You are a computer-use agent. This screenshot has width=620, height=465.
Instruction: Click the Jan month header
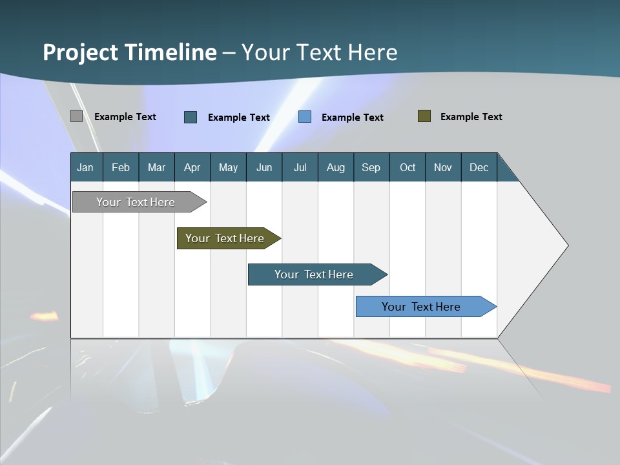tap(85, 168)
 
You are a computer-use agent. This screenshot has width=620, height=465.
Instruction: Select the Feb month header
tap(121, 168)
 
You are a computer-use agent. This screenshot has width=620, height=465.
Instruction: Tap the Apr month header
tap(192, 168)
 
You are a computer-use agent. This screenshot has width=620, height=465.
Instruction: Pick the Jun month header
tap(264, 168)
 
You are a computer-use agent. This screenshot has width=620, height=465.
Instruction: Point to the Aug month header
tap(336, 168)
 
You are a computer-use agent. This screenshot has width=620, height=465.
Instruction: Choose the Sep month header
tap(371, 168)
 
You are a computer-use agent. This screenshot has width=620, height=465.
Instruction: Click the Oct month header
tap(408, 168)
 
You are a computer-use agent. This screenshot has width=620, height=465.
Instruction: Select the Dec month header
tap(479, 168)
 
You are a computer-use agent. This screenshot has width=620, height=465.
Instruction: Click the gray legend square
tap(76, 116)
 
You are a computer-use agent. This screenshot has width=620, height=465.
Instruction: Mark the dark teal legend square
tap(191, 117)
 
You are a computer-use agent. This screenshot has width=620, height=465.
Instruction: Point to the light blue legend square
tap(305, 117)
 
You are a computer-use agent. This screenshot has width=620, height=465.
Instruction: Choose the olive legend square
tap(424, 116)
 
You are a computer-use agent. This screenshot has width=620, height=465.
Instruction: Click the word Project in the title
tap(80, 52)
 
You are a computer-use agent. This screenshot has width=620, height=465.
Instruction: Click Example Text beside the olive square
tap(471, 117)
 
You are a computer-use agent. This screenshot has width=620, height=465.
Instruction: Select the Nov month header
tap(443, 168)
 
